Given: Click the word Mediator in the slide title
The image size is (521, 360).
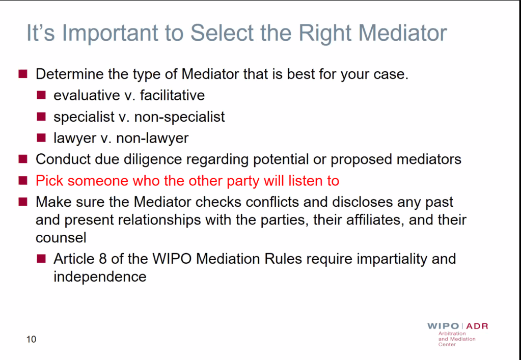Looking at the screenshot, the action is click(x=403, y=33).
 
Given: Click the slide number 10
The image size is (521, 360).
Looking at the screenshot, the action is click(x=31, y=340).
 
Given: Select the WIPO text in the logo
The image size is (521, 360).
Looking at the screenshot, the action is click(x=443, y=326).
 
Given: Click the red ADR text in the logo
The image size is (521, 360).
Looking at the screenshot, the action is click(x=477, y=326).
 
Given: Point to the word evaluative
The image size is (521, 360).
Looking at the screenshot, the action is click(x=87, y=95).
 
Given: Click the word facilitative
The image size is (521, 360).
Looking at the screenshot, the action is click(x=172, y=95).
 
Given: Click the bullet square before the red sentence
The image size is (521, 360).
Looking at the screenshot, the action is click(x=23, y=180).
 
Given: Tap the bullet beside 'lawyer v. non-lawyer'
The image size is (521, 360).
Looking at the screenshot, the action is click(x=41, y=137).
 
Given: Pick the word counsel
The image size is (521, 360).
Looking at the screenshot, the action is click(x=61, y=238).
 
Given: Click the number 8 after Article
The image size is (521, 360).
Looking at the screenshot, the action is click(x=103, y=259).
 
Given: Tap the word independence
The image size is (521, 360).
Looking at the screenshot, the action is click(x=100, y=277).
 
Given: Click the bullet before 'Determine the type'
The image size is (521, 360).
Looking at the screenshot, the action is click(x=23, y=74).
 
